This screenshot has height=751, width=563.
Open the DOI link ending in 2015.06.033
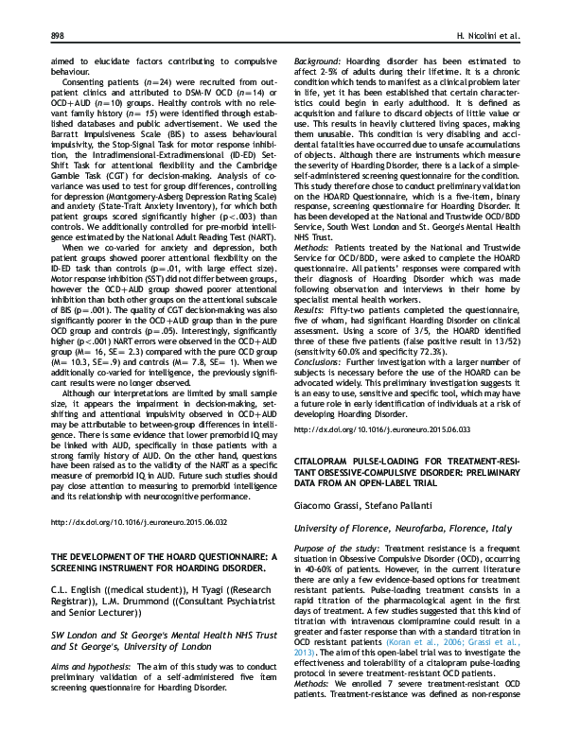(376, 429)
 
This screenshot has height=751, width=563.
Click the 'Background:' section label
(318, 60)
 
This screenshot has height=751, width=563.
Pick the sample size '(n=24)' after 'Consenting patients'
(145, 81)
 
